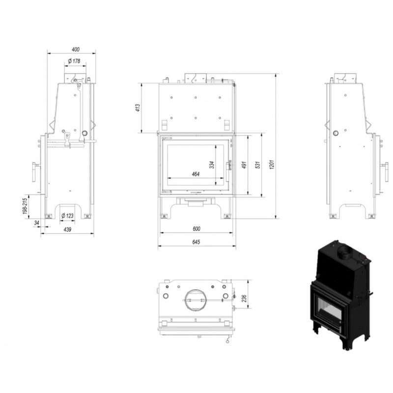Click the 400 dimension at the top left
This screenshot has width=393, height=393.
76,50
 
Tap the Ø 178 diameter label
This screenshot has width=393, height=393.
74,60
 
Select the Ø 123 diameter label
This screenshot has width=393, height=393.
67,216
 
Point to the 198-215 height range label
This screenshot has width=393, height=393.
25,206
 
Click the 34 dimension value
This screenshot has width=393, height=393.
36,223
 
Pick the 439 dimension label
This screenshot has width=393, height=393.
67,229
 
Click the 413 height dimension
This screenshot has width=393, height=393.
138,108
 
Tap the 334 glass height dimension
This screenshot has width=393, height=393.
212,165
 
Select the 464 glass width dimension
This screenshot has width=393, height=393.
196,174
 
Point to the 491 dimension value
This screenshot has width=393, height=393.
244,165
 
